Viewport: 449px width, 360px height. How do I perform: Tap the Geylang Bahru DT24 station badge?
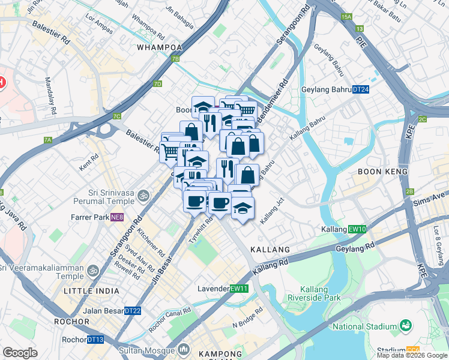pyautogui.click(x=360, y=89)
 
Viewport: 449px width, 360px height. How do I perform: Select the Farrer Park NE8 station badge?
pyautogui.click(x=117, y=217)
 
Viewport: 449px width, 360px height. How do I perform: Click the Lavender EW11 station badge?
pyautogui.click(x=239, y=289)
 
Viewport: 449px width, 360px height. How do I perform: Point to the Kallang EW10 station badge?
pyautogui.click(x=357, y=229)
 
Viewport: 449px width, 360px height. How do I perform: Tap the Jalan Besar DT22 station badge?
pyautogui.click(x=132, y=311)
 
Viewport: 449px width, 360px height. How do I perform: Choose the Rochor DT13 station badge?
pyautogui.click(x=95, y=340)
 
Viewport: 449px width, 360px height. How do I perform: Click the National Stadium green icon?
pyautogui.click(x=406, y=326)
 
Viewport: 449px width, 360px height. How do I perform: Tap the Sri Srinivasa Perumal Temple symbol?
pyautogui.click(x=143, y=195)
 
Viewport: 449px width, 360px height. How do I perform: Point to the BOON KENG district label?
pyautogui.click(x=383, y=171)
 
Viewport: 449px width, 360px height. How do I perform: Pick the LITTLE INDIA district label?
pyautogui.click(x=89, y=290)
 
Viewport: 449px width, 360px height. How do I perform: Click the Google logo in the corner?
pyautogui.click(x=20, y=353)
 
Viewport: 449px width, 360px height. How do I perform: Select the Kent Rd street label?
pyautogui.click(x=88, y=162)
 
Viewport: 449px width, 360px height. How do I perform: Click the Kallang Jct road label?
pyautogui.click(x=273, y=211)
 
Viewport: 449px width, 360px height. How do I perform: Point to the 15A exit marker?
pyautogui.click(x=346, y=17)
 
